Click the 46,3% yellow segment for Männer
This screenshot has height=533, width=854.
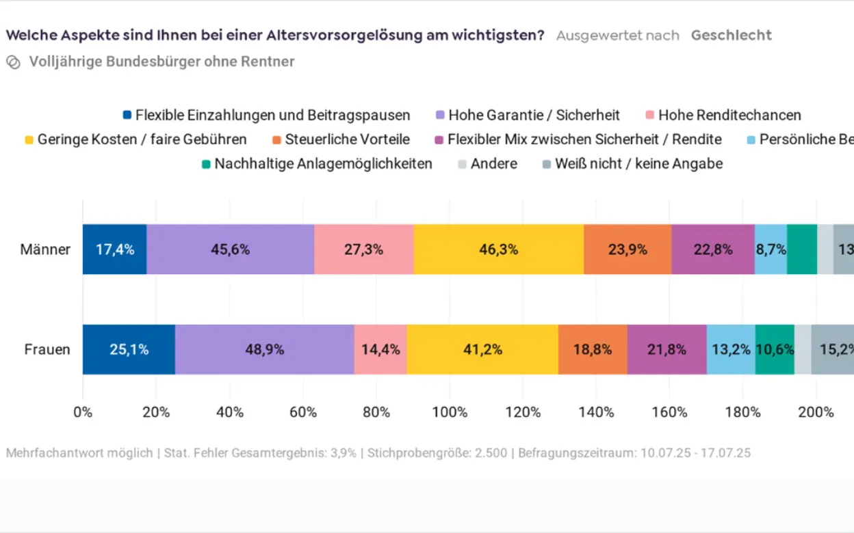pyautogui.click(x=498, y=249)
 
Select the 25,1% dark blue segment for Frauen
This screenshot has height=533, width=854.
pyautogui.click(x=129, y=349)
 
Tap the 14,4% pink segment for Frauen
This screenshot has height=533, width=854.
pyautogui.click(x=380, y=349)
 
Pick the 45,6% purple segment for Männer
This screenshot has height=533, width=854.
pyautogui.click(x=230, y=249)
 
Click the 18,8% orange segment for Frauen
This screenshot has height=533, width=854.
pyautogui.click(x=593, y=349)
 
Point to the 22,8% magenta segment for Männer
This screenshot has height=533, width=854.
pyautogui.click(x=713, y=249)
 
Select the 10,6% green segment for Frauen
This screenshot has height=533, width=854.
pyautogui.click(x=775, y=349)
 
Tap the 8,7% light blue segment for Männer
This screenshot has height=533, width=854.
pyautogui.click(x=771, y=249)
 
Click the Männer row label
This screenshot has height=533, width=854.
pyautogui.click(x=45, y=249)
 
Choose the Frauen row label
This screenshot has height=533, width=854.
pyautogui.click(x=47, y=349)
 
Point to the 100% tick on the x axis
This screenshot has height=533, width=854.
pyautogui.click(x=450, y=412)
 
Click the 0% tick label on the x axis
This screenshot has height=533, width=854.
pyautogui.click(x=83, y=412)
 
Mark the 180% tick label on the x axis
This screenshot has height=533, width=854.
pyautogui.click(x=742, y=412)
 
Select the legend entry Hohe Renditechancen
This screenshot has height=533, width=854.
pyautogui.click(x=729, y=115)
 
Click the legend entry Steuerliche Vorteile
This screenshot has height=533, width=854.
pyautogui.click(x=347, y=139)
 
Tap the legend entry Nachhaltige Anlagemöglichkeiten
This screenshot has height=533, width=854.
pyautogui.click(x=323, y=164)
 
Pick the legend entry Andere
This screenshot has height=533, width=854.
pyautogui.click(x=493, y=164)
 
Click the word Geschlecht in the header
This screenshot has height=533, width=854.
pyautogui.click(x=731, y=35)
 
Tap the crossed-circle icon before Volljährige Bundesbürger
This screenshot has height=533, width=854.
pyautogui.click(x=13, y=62)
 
